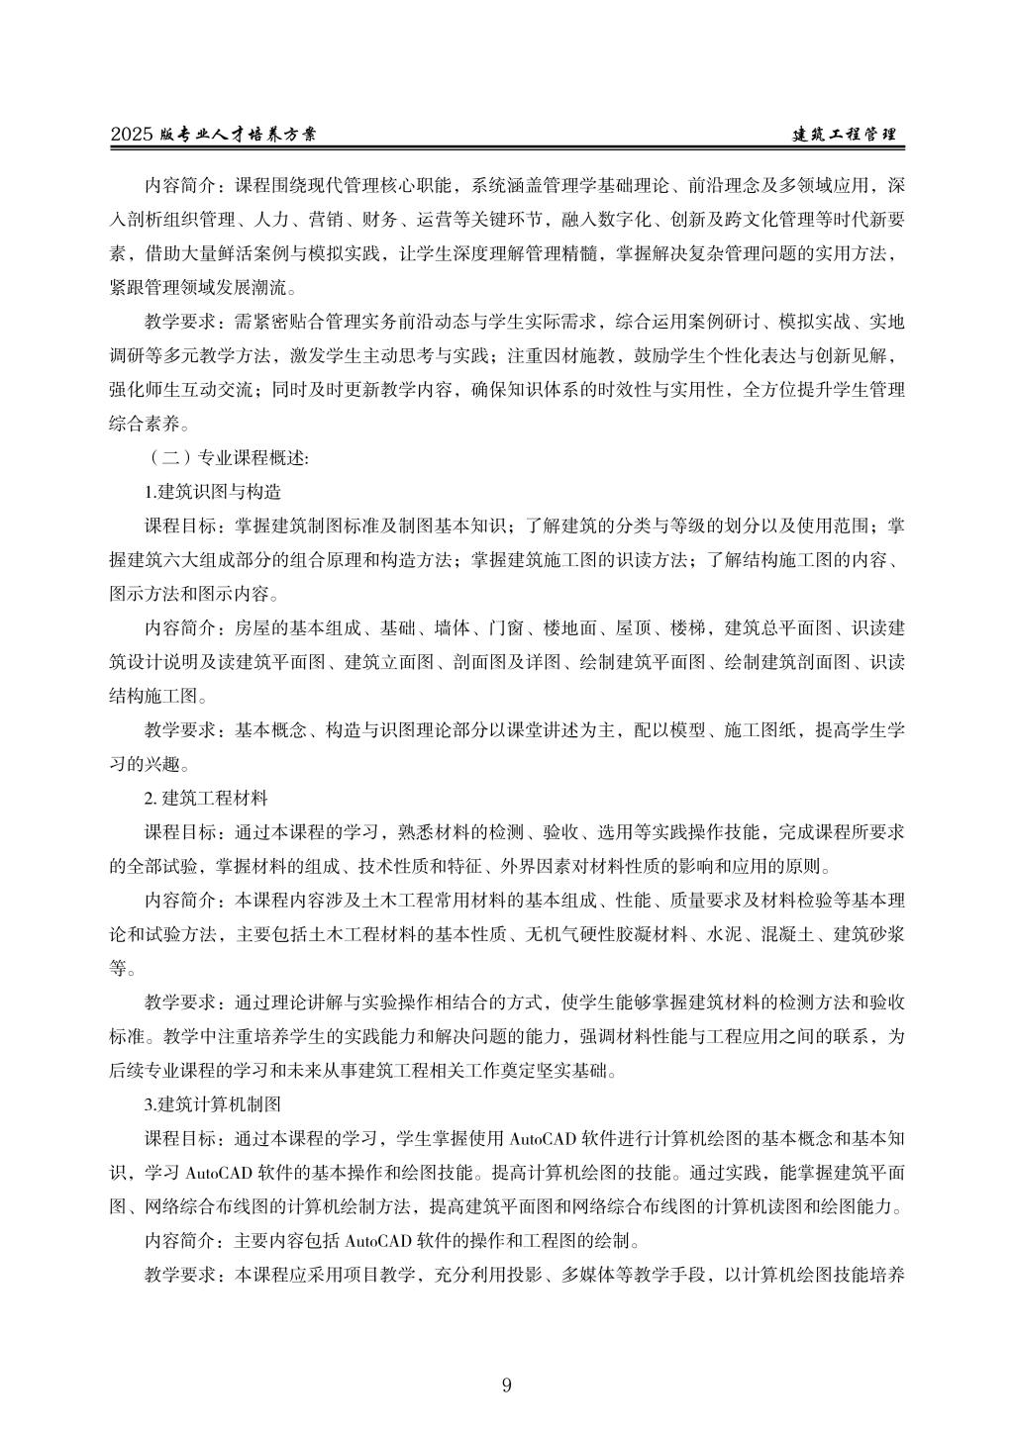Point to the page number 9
507,1385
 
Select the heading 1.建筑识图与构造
212,491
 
